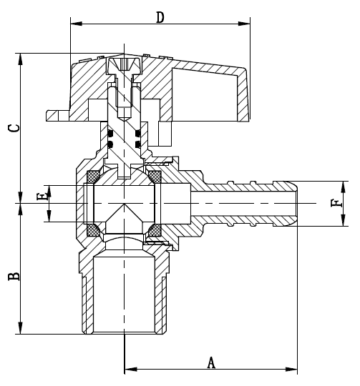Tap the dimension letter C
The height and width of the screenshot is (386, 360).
tap(13, 128)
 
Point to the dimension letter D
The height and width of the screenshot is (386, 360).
tap(160, 15)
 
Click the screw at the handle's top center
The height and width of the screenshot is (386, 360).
tap(125, 66)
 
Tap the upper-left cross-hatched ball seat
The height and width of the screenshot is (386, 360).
tap(94, 176)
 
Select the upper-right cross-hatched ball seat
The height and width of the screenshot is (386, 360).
tap(155, 176)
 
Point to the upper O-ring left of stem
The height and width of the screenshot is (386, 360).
tap(111, 133)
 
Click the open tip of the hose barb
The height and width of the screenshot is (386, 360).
tap(296, 204)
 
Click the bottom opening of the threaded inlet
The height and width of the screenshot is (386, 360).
tap(125, 332)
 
